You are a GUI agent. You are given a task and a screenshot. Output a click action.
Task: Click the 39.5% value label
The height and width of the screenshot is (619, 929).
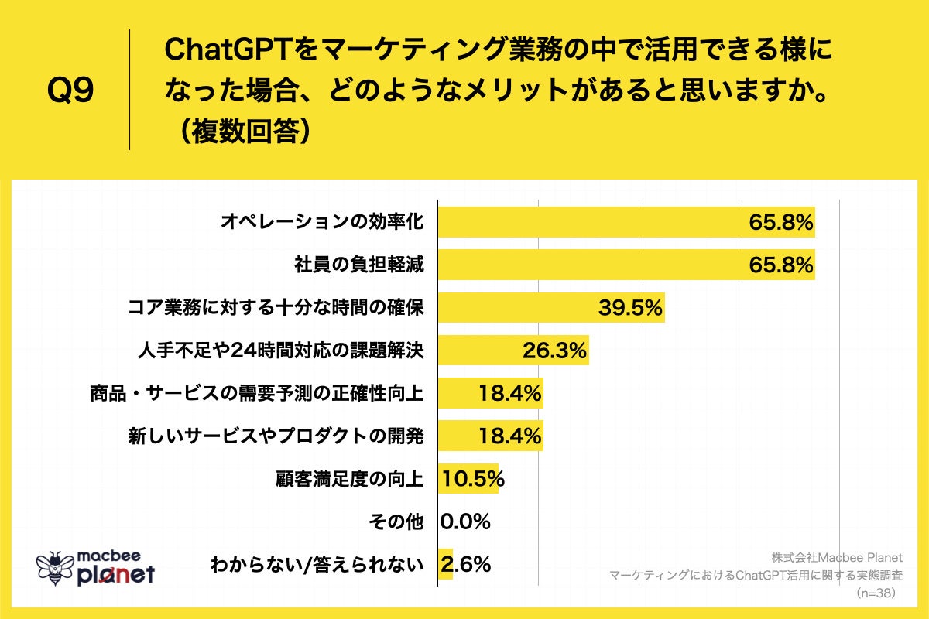(x=629, y=308)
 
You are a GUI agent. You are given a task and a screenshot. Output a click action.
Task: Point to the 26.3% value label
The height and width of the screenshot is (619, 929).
(x=554, y=351)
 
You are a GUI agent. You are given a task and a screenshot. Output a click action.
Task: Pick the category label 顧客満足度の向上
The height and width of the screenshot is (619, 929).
(x=349, y=479)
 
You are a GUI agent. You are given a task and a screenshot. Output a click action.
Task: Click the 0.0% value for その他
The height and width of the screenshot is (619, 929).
(x=465, y=522)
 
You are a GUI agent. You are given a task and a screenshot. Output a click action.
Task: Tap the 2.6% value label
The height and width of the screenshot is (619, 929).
(x=465, y=564)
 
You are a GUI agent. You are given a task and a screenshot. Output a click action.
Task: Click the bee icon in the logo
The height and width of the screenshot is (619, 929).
(x=55, y=569)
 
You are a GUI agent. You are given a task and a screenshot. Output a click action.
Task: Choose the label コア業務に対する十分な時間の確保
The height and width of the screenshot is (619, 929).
(x=276, y=308)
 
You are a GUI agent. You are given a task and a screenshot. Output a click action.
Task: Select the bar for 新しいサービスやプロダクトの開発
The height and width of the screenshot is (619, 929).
(x=490, y=436)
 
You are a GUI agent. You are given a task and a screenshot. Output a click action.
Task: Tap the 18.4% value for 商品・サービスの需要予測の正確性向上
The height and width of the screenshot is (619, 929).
(x=508, y=394)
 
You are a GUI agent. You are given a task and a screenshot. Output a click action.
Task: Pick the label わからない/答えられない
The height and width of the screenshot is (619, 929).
(x=317, y=564)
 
